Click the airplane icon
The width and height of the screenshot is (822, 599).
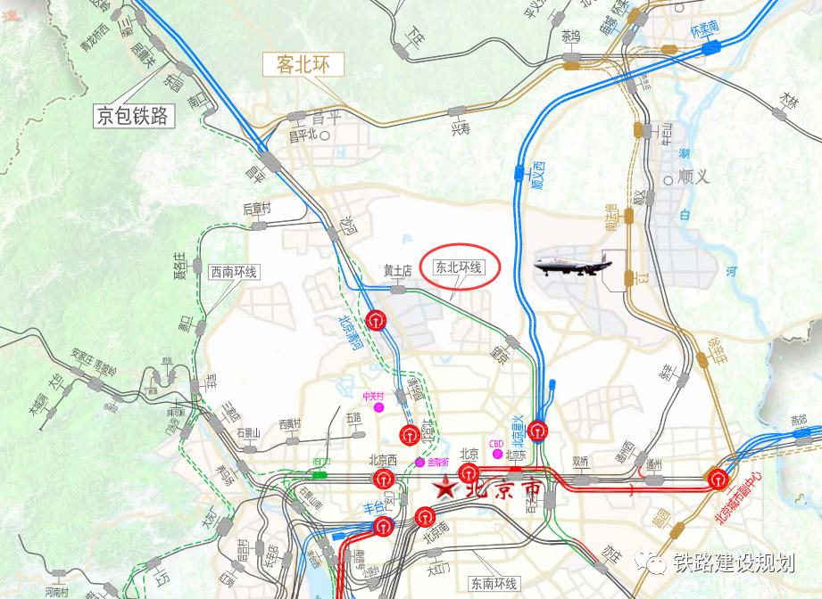pyautogui.click(x=570, y=265)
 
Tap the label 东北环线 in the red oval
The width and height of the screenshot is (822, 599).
pyautogui.click(x=458, y=267)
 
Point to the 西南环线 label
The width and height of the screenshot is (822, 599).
pyautogui.click(x=234, y=271)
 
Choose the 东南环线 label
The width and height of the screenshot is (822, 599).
pyautogui.click(x=493, y=584)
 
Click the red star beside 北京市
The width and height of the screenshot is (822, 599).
pyautogui.click(x=444, y=488)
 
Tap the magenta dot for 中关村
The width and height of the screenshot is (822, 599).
pyautogui.click(x=379, y=406)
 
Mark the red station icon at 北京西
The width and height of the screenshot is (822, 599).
pyautogui.click(x=384, y=480)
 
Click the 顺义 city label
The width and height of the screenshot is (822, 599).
pyautogui.click(x=693, y=176)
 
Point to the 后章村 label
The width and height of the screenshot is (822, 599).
pyautogui.click(x=256, y=209)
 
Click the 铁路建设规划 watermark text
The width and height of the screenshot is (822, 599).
pyautogui.click(x=734, y=562)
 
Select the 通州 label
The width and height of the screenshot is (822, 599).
pyautogui.click(x=654, y=464)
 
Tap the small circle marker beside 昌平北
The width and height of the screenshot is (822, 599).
pyautogui.click(x=326, y=136)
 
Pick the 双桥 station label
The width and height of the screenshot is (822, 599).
pyautogui.click(x=580, y=462)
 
